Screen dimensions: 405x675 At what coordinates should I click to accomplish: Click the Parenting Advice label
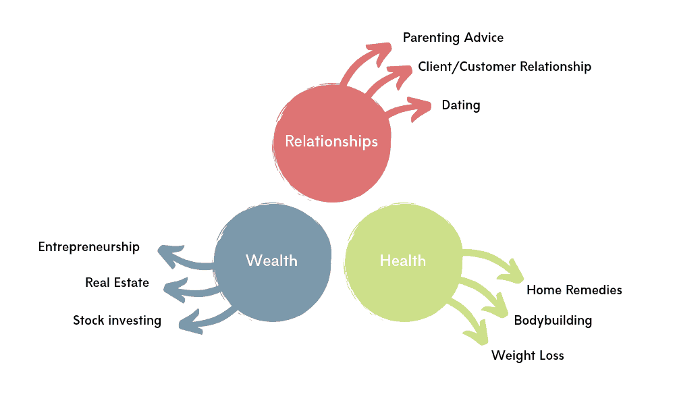tap(453, 37)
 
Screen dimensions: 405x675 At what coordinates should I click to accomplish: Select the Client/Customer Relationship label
tap(504, 66)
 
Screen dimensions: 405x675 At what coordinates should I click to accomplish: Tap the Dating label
tap(461, 105)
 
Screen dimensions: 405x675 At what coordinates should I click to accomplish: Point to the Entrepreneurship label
tap(88, 246)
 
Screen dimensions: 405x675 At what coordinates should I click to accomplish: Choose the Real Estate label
tap(117, 282)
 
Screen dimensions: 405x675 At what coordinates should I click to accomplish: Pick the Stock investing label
tap(117, 320)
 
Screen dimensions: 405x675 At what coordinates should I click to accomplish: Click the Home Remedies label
tap(574, 290)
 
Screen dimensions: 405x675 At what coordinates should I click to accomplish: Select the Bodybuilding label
tap(553, 320)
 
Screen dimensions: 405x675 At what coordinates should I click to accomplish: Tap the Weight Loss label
tap(527, 355)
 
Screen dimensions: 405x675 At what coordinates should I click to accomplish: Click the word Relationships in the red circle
tap(331, 141)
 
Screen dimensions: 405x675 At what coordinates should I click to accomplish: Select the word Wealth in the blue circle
tap(271, 260)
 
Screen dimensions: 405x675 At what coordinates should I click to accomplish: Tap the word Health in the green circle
tap(402, 260)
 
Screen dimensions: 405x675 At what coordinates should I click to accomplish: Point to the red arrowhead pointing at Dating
tap(422, 107)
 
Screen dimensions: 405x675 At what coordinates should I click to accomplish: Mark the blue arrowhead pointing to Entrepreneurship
tap(167, 256)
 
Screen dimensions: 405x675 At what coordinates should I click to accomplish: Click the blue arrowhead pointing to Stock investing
tap(188, 321)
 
